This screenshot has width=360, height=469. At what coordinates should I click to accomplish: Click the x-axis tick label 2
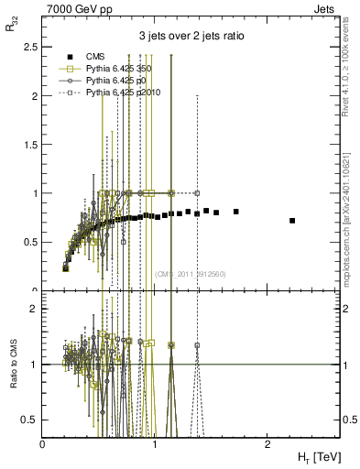point(267,444)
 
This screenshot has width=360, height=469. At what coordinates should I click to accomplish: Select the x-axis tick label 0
point(43,444)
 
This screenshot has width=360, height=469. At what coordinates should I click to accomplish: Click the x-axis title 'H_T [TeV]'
point(316,457)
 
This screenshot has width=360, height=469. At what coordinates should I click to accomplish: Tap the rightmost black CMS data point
point(292,221)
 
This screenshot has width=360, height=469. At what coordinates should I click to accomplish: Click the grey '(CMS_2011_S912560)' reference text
point(190,274)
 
